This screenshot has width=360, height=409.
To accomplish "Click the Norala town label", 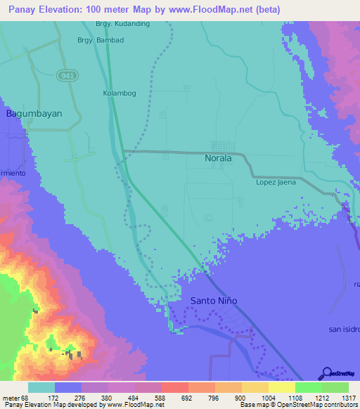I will (218, 159).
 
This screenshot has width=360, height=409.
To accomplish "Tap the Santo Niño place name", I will (214, 301).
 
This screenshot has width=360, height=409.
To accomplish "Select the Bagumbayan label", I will (34, 113).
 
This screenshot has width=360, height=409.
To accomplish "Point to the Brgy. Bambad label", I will (101, 40).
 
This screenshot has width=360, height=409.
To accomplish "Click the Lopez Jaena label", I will (274, 183).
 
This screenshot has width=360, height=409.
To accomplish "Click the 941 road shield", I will (67, 75).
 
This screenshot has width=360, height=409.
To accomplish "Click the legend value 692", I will (187, 397).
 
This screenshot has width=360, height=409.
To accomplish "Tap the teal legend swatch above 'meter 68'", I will (41, 387).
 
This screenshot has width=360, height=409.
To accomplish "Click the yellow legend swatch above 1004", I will (255, 387).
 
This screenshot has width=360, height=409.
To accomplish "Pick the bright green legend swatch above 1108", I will (308, 387).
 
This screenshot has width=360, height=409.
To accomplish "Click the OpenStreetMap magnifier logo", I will (326, 373).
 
